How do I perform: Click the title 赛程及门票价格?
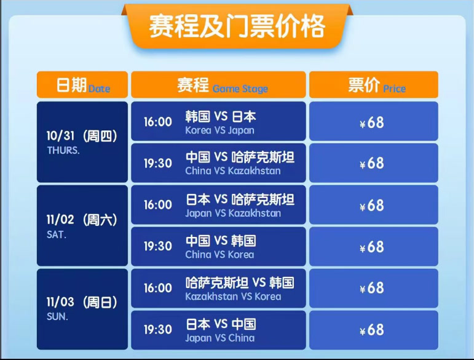pos(237,26)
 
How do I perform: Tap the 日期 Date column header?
pos(82,85)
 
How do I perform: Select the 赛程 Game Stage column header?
pos(218,85)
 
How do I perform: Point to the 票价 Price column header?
pos(374,85)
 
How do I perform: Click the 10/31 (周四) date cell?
pos(82,142)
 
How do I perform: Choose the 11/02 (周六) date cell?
pos(82,226)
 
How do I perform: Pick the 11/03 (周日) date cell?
pos(82,309)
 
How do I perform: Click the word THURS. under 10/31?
pos(63,150)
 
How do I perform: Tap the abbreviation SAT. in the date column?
pos(57,234)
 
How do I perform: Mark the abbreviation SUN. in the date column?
pos(57,316)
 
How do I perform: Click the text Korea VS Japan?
pos(219,130)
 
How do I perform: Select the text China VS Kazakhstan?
pos(233,171)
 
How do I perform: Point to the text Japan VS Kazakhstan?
pos(233,214)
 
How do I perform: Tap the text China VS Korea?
pos(219,255)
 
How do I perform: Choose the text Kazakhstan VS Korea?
pos(233,297)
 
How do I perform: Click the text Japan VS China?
pos(219,338)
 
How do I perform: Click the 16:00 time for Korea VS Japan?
pos(158,122)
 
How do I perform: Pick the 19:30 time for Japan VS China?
pos(158,329)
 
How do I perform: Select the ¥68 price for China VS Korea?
pos(372,247)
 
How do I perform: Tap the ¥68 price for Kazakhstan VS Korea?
pos(372,288)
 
